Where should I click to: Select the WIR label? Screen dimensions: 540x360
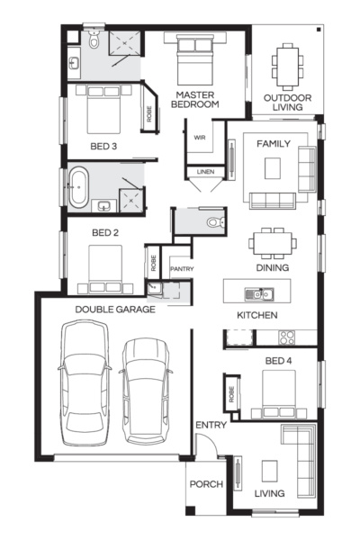pos(201,137)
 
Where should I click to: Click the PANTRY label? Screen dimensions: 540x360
pos(182,268)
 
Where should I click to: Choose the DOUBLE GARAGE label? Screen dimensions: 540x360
pos(114,309)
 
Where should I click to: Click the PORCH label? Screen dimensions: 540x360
pos(206,484)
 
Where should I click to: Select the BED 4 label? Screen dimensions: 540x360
pos(279,360)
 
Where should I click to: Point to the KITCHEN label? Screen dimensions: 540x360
pos(256,315)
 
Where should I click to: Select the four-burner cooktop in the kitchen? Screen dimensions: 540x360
pos(287,338)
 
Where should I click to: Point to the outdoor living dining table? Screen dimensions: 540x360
pos(287,65)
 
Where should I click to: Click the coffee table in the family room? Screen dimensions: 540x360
pos(274,167)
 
